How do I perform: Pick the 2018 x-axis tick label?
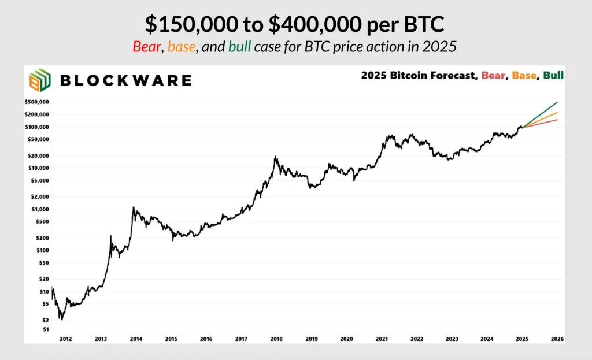(x=276, y=339)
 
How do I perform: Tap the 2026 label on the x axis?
(x=557, y=339)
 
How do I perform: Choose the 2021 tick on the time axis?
(x=382, y=339)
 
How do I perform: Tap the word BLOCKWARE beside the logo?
(x=125, y=80)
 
